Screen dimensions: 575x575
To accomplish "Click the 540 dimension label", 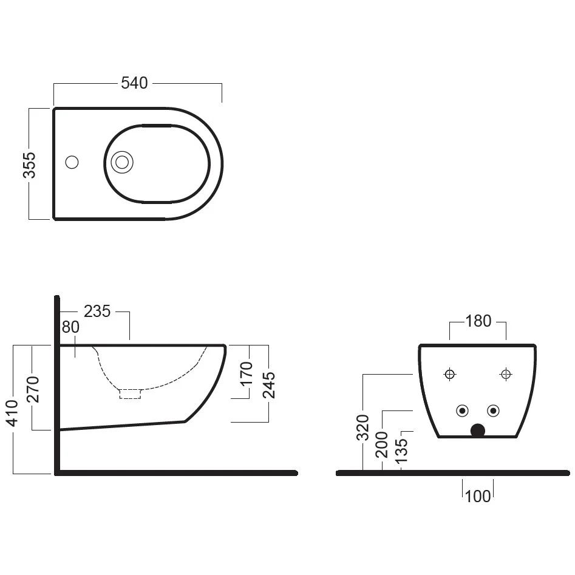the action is pos(134,83).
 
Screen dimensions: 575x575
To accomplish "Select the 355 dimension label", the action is pos(29,165).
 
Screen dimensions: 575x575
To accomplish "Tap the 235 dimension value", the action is pos(97,311).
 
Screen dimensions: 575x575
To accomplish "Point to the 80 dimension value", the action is pos(70,327).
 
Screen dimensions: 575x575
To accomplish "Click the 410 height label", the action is pos(13,413).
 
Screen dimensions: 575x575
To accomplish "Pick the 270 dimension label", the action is pos(32,389).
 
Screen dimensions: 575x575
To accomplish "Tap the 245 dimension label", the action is pos(269,385).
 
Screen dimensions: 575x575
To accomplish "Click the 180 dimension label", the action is pos(478,321).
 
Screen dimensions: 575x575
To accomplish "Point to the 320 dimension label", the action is pos(362,427).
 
